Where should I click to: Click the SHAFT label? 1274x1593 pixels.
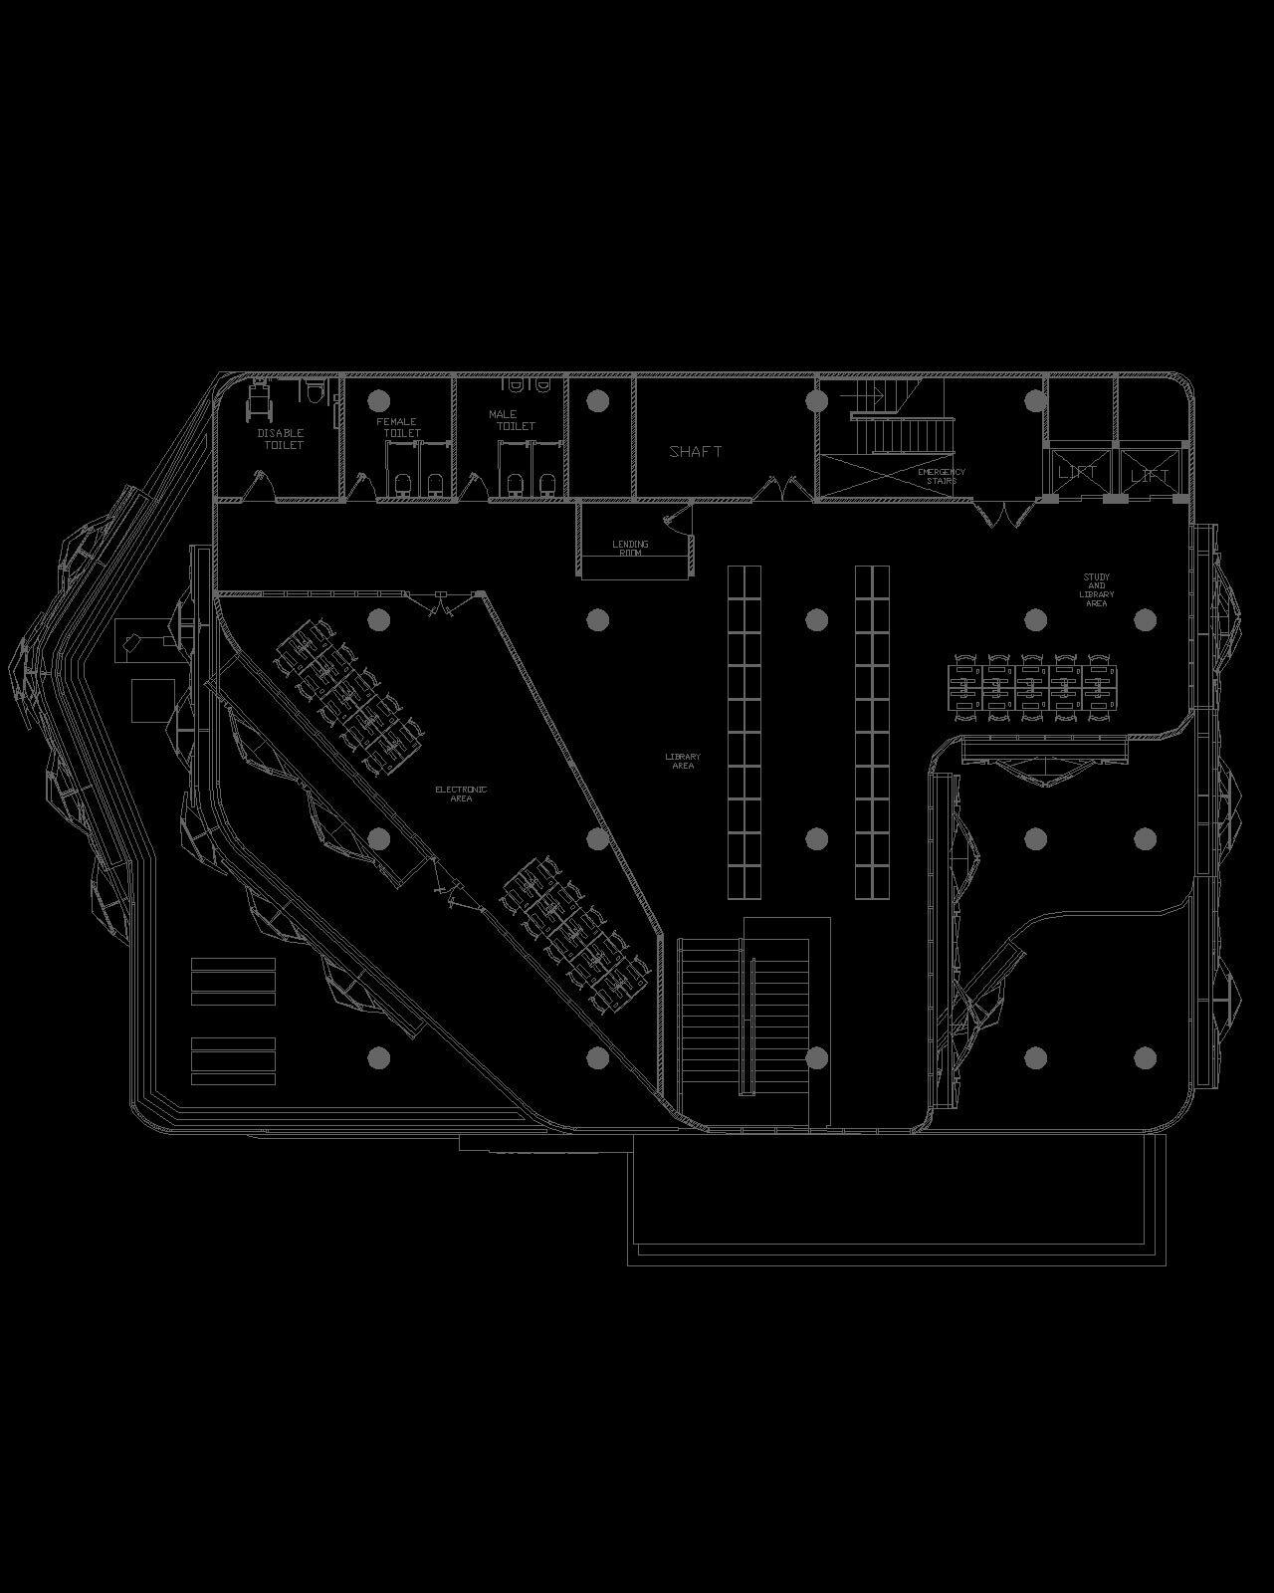[x=696, y=452]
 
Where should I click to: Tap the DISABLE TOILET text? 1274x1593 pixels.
[x=282, y=439]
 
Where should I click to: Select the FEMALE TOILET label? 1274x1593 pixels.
[x=398, y=427]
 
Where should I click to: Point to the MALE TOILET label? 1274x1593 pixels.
[x=512, y=420]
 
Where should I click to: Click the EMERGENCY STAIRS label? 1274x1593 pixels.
[x=941, y=476]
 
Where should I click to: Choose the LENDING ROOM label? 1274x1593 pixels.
[x=630, y=548]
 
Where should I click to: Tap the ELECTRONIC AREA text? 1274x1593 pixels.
[x=461, y=794]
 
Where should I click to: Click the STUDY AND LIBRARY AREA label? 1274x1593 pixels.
[x=1096, y=590]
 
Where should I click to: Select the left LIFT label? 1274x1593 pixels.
[x=1077, y=472]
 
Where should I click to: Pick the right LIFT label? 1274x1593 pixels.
[x=1150, y=476]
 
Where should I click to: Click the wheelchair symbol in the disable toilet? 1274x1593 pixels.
[x=259, y=398]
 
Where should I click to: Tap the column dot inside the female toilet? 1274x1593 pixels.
[x=377, y=400]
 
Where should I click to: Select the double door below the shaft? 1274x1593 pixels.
[x=778, y=489]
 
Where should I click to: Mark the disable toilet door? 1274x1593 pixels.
[x=261, y=487]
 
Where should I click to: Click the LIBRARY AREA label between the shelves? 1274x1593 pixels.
[x=683, y=762]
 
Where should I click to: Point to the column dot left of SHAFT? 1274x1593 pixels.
[x=597, y=400]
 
